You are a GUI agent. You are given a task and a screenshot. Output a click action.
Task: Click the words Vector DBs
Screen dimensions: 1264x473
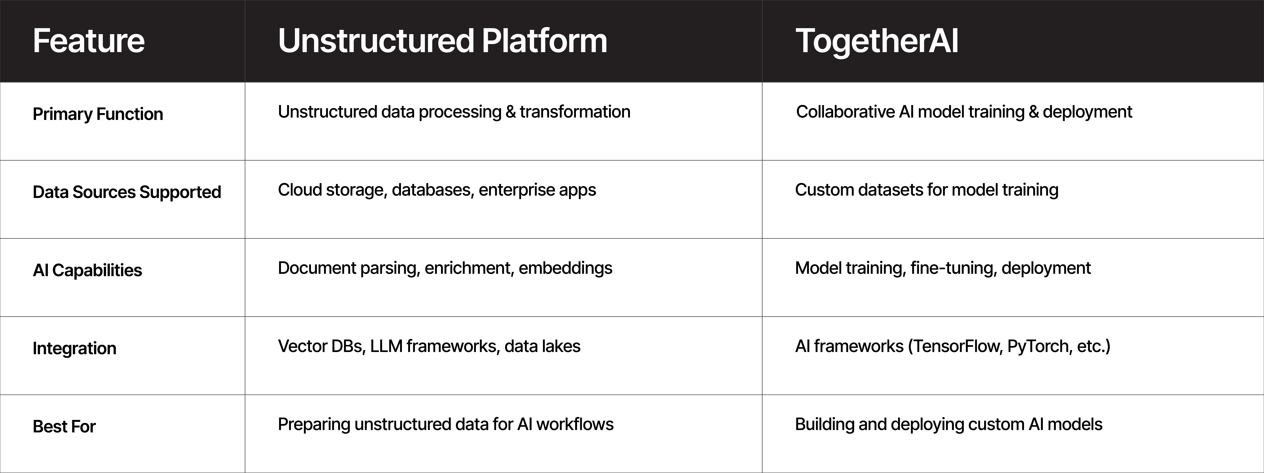point(322,346)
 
